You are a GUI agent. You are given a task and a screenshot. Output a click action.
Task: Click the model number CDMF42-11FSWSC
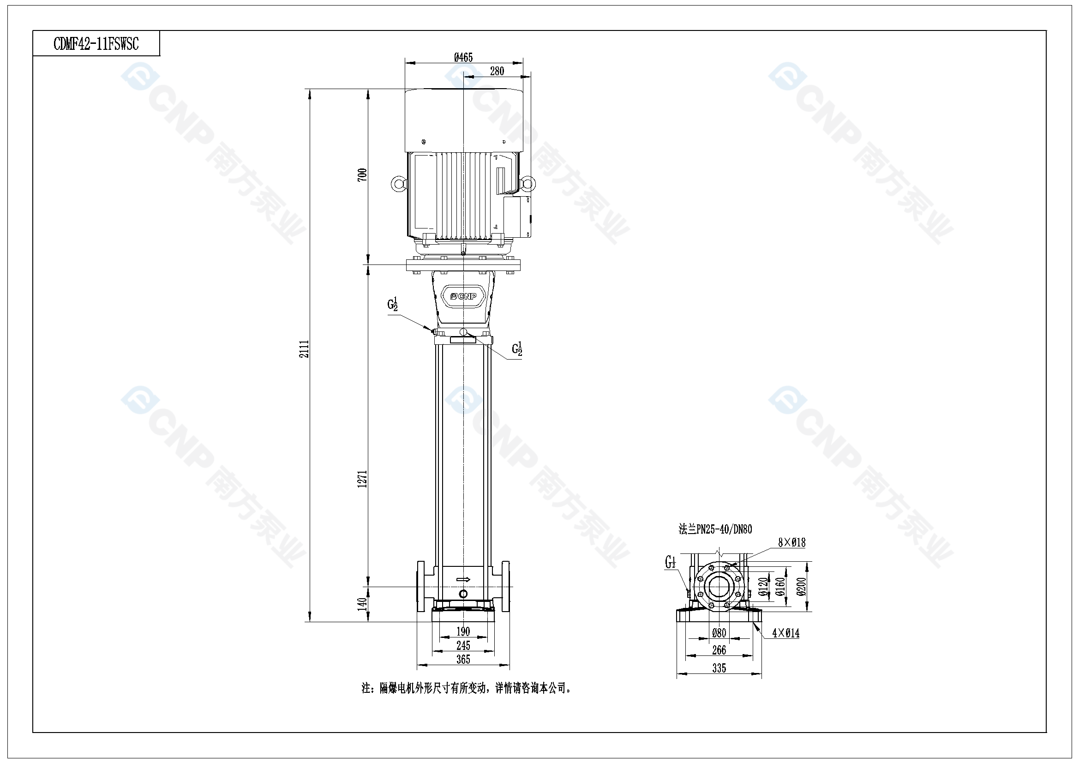pyautogui.click(x=96, y=44)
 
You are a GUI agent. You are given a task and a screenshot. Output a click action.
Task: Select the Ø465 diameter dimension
pyautogui.click(x=463, y=57)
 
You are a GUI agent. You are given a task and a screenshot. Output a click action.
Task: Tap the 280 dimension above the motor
pyautogui.click(x=497, y=71)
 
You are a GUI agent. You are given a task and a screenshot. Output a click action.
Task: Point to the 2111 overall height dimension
pyautogui.click(x=305, y=349)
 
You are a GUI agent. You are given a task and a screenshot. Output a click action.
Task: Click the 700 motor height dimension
pyautogui.click(x=362, y=175)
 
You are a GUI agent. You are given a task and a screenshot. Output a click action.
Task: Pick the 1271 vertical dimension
pyautogui.click(x=362, y=479)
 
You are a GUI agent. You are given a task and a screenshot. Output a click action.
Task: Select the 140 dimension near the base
pyautogui.click(x=362, y=604)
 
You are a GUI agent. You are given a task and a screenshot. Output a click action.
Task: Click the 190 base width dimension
pyautogui.click(x=463, y=631)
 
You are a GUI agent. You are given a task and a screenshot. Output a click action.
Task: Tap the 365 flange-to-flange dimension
pyautogui.click(x=463, y=660)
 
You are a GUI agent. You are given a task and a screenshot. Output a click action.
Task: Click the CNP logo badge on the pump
pyautogui.click(x=463, y=296)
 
